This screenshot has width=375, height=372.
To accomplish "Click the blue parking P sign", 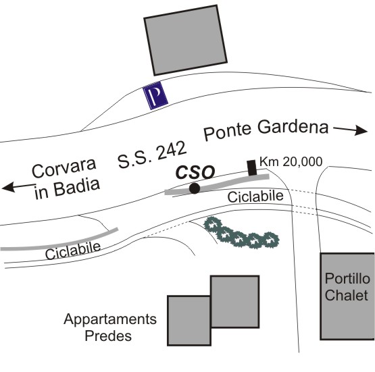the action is click(x=155, y=95).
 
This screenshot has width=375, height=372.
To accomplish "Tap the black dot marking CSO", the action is click(x=195, y=188).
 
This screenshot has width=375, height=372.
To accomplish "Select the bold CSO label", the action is click(x=195, y=172).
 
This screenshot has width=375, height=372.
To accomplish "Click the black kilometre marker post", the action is click(x=251, y=167).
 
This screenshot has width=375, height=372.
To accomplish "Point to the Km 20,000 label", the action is click(x=291, y=162).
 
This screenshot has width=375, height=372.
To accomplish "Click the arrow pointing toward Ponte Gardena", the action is click(x=351, y=130).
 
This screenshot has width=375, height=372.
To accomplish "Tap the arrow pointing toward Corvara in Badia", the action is click(x=19, y=186).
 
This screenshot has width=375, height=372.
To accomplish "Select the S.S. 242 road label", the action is click(x=152, y=155).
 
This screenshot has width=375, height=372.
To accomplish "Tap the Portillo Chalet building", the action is click(x=347, y=296).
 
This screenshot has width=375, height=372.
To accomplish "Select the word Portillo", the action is click(x=347, y=279).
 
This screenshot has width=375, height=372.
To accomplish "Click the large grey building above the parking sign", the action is click(x=185, y=41).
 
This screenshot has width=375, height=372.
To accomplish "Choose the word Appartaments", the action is click(x=110, y=319).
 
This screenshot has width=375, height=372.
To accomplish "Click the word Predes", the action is click(x=108, y=336).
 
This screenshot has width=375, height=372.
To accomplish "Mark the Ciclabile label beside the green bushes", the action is click(x=255, y=196).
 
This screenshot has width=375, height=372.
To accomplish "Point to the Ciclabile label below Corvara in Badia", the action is click(x=73, y=251).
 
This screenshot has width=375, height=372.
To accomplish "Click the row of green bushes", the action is click(x=241, y=233).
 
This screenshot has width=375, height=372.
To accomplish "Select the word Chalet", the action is click(x=347, y=295).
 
